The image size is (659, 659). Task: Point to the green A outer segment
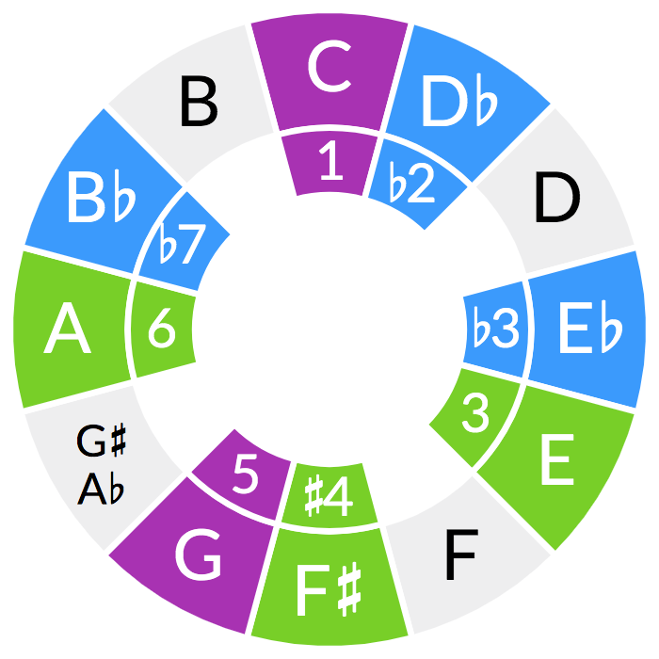click(68, 329)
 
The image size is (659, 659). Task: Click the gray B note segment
click(198, 102)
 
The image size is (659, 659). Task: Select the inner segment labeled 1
click(329, 163)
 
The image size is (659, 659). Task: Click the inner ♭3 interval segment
click(496, 329)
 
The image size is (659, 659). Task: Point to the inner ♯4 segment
click(329, 496)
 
